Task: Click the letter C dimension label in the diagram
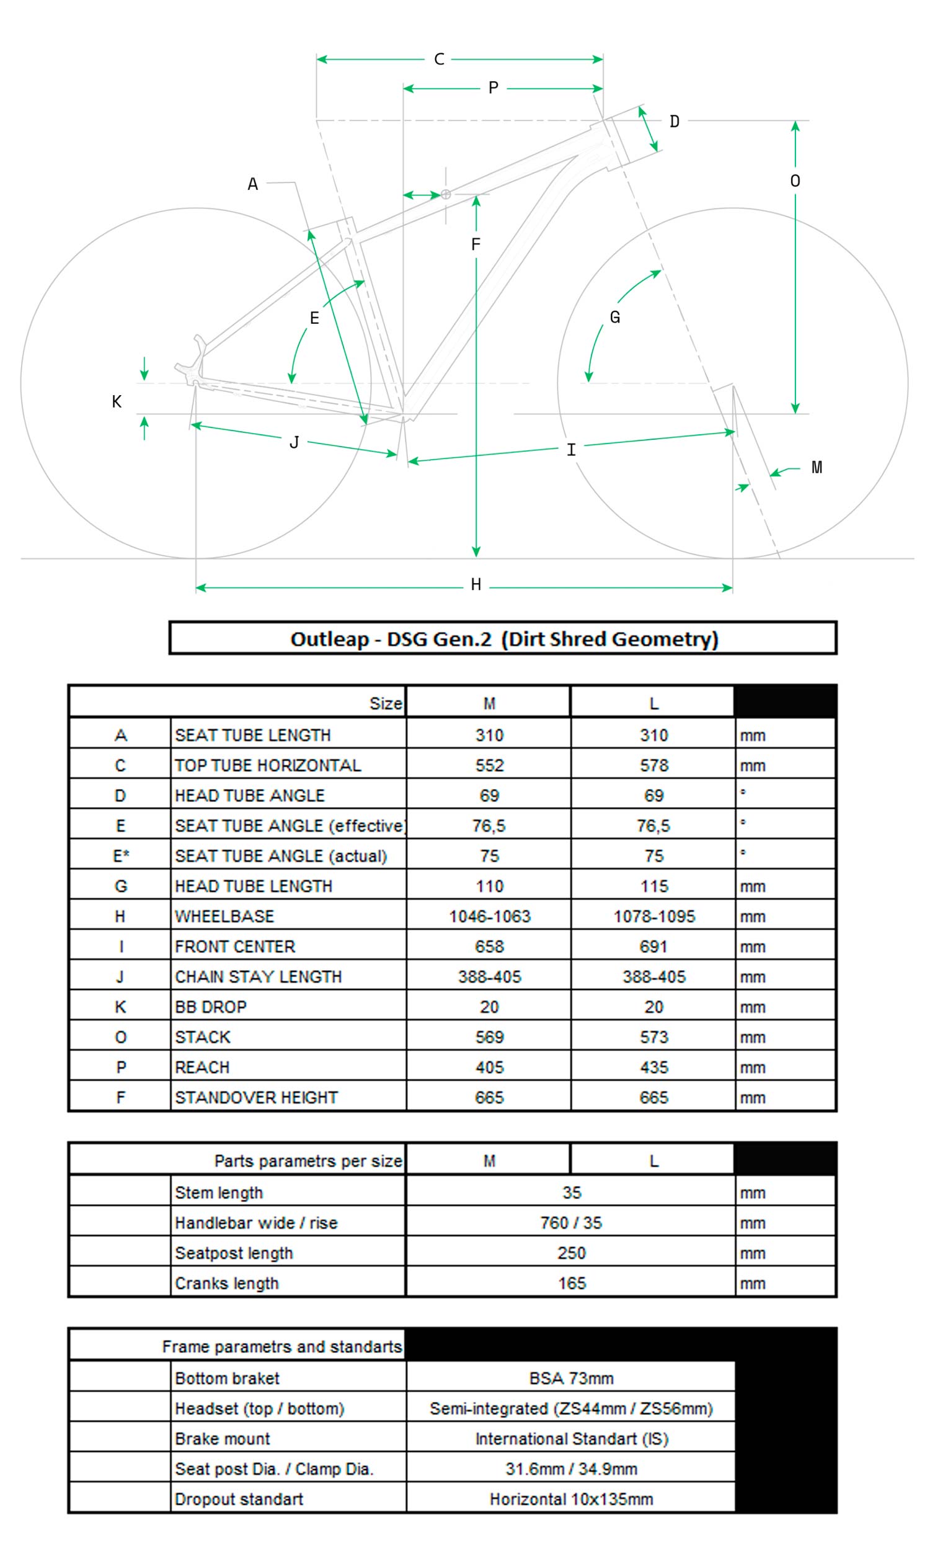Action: point(439,60)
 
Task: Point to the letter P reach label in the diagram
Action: point(494,88)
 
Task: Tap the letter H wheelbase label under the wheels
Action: point(476,584)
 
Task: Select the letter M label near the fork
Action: point(817,468)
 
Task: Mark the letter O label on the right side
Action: point(795,181)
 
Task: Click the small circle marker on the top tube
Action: point(446,194)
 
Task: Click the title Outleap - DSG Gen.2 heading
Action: point(503,638)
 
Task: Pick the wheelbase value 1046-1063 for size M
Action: point(489,916)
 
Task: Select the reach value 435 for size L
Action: point(653,1067)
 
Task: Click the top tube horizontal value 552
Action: point(489,765)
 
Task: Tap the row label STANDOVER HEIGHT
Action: point(256,1097)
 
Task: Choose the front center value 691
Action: point(653,946)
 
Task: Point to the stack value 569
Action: point(489,1037)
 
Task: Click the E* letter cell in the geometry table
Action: point(121,856)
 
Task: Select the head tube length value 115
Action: point(653,886)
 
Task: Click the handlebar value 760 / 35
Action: point(571,1223)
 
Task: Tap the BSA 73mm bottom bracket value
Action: point(571,1378)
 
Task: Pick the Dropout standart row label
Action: point(239,1499)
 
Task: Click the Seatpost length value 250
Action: point(571,1252)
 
